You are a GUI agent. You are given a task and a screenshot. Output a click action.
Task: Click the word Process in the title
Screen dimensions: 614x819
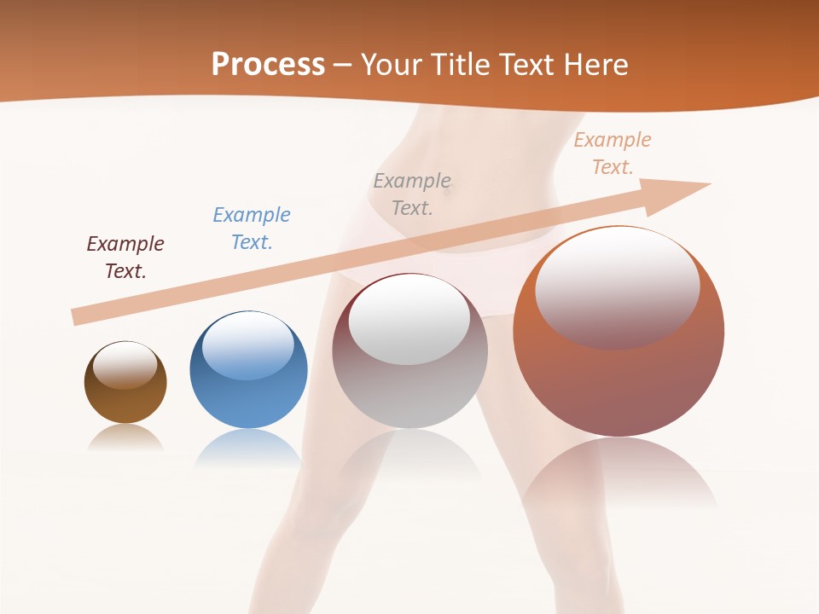coord(268,64)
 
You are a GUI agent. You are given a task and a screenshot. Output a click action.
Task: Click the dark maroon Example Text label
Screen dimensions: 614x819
coord(125,258)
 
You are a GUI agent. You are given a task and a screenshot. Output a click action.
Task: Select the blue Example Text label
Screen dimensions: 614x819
coord(252,229)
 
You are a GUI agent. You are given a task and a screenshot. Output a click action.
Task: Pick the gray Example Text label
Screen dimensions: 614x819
coord(412,194)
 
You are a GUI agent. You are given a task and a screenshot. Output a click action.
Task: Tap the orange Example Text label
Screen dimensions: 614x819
coord(612,153)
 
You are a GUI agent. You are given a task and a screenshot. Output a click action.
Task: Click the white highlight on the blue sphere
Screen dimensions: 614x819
coord(248,346)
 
